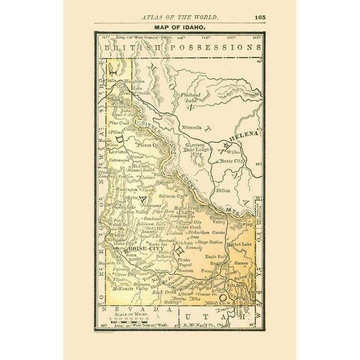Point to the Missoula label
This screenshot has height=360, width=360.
click(x=192, y=127)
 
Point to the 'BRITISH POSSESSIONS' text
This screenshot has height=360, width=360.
click(x=176, y=47)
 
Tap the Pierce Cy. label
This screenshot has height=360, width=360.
click(x=149, y=145)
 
